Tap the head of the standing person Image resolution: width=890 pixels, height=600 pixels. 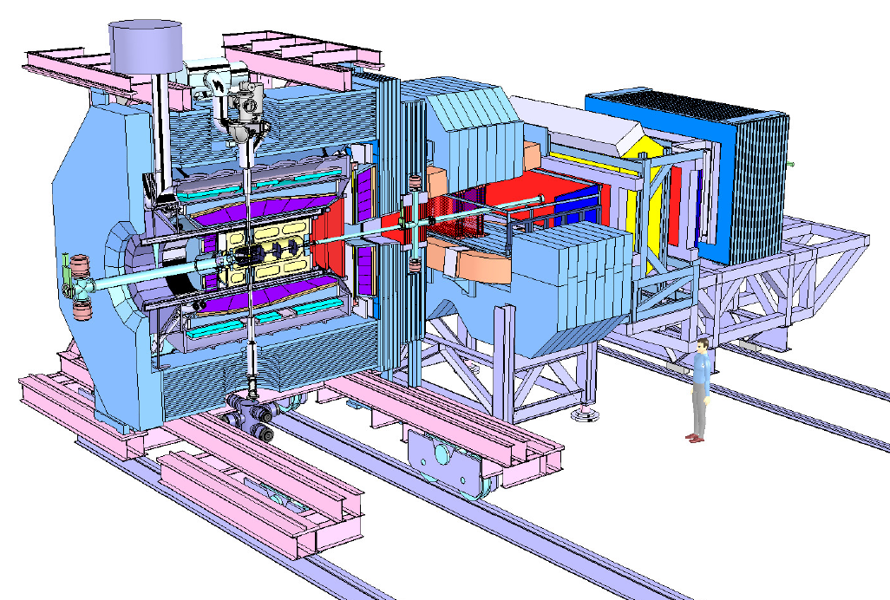pyautogui.click(x=702, y=346)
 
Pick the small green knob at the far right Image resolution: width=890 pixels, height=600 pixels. pyautogui.click(x=792, y=164)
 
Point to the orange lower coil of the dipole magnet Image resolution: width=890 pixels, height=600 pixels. pyautogui.click(x=469, y=264)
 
